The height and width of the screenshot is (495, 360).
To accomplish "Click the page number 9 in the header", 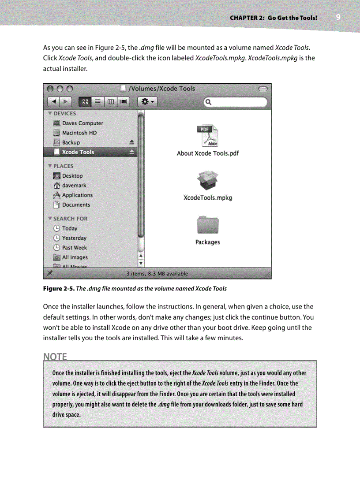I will coord(338,17).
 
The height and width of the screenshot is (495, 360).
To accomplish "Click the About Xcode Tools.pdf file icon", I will coord(207,136).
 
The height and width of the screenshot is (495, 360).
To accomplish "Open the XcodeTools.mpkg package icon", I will coord(207,180).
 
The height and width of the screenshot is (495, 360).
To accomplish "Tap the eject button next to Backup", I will coord(131,142).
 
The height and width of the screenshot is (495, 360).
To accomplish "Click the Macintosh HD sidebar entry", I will coord(79,133).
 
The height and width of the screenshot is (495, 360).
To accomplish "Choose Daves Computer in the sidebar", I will coord(82,123).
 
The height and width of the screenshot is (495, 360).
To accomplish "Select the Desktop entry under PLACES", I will coord(72,176).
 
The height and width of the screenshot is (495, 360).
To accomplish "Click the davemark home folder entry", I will coord(74,186).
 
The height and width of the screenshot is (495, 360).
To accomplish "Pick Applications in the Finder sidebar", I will coord(77,195).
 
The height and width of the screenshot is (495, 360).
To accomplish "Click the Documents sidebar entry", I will coord(76,205).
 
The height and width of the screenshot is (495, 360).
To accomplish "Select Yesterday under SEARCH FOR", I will coord(74,238).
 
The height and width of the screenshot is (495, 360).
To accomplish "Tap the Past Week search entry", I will coord(75,248).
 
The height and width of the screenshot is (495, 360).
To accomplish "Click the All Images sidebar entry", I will coord(75,257).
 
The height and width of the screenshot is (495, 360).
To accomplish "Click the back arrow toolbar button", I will coord(53,102).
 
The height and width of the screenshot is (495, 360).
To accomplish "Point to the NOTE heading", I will coord(55,356).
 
